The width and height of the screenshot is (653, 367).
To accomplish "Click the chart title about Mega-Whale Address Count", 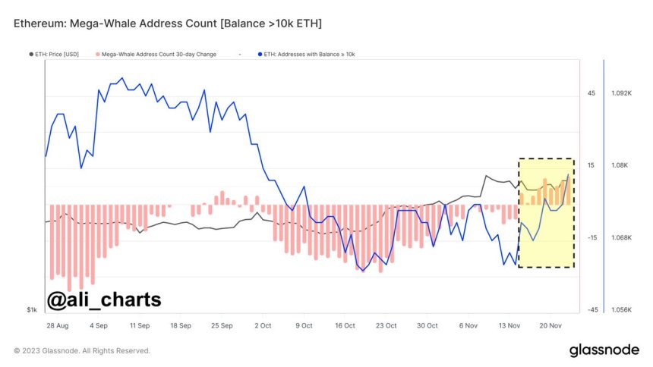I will [x=168, y=24].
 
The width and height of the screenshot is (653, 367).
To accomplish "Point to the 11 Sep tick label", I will [x=139, y=325].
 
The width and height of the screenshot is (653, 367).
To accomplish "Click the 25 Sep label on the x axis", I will [x=222, y=325].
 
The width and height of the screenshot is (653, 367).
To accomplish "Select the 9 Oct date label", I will [x=303, y=325].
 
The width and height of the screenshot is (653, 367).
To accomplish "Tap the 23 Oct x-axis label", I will [x=386, y=325].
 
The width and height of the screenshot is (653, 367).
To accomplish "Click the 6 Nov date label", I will [x=468, y=325].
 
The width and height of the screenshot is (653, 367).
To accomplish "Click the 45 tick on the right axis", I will [x=591, y=93].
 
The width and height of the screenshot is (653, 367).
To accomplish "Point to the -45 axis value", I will [x=591, y=309].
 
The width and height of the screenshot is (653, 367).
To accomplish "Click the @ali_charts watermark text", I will [x=103, y=300].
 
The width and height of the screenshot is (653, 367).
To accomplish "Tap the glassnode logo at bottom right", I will [x=604, y=350].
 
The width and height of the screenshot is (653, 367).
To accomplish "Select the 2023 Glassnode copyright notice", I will [x=82, y=351].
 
